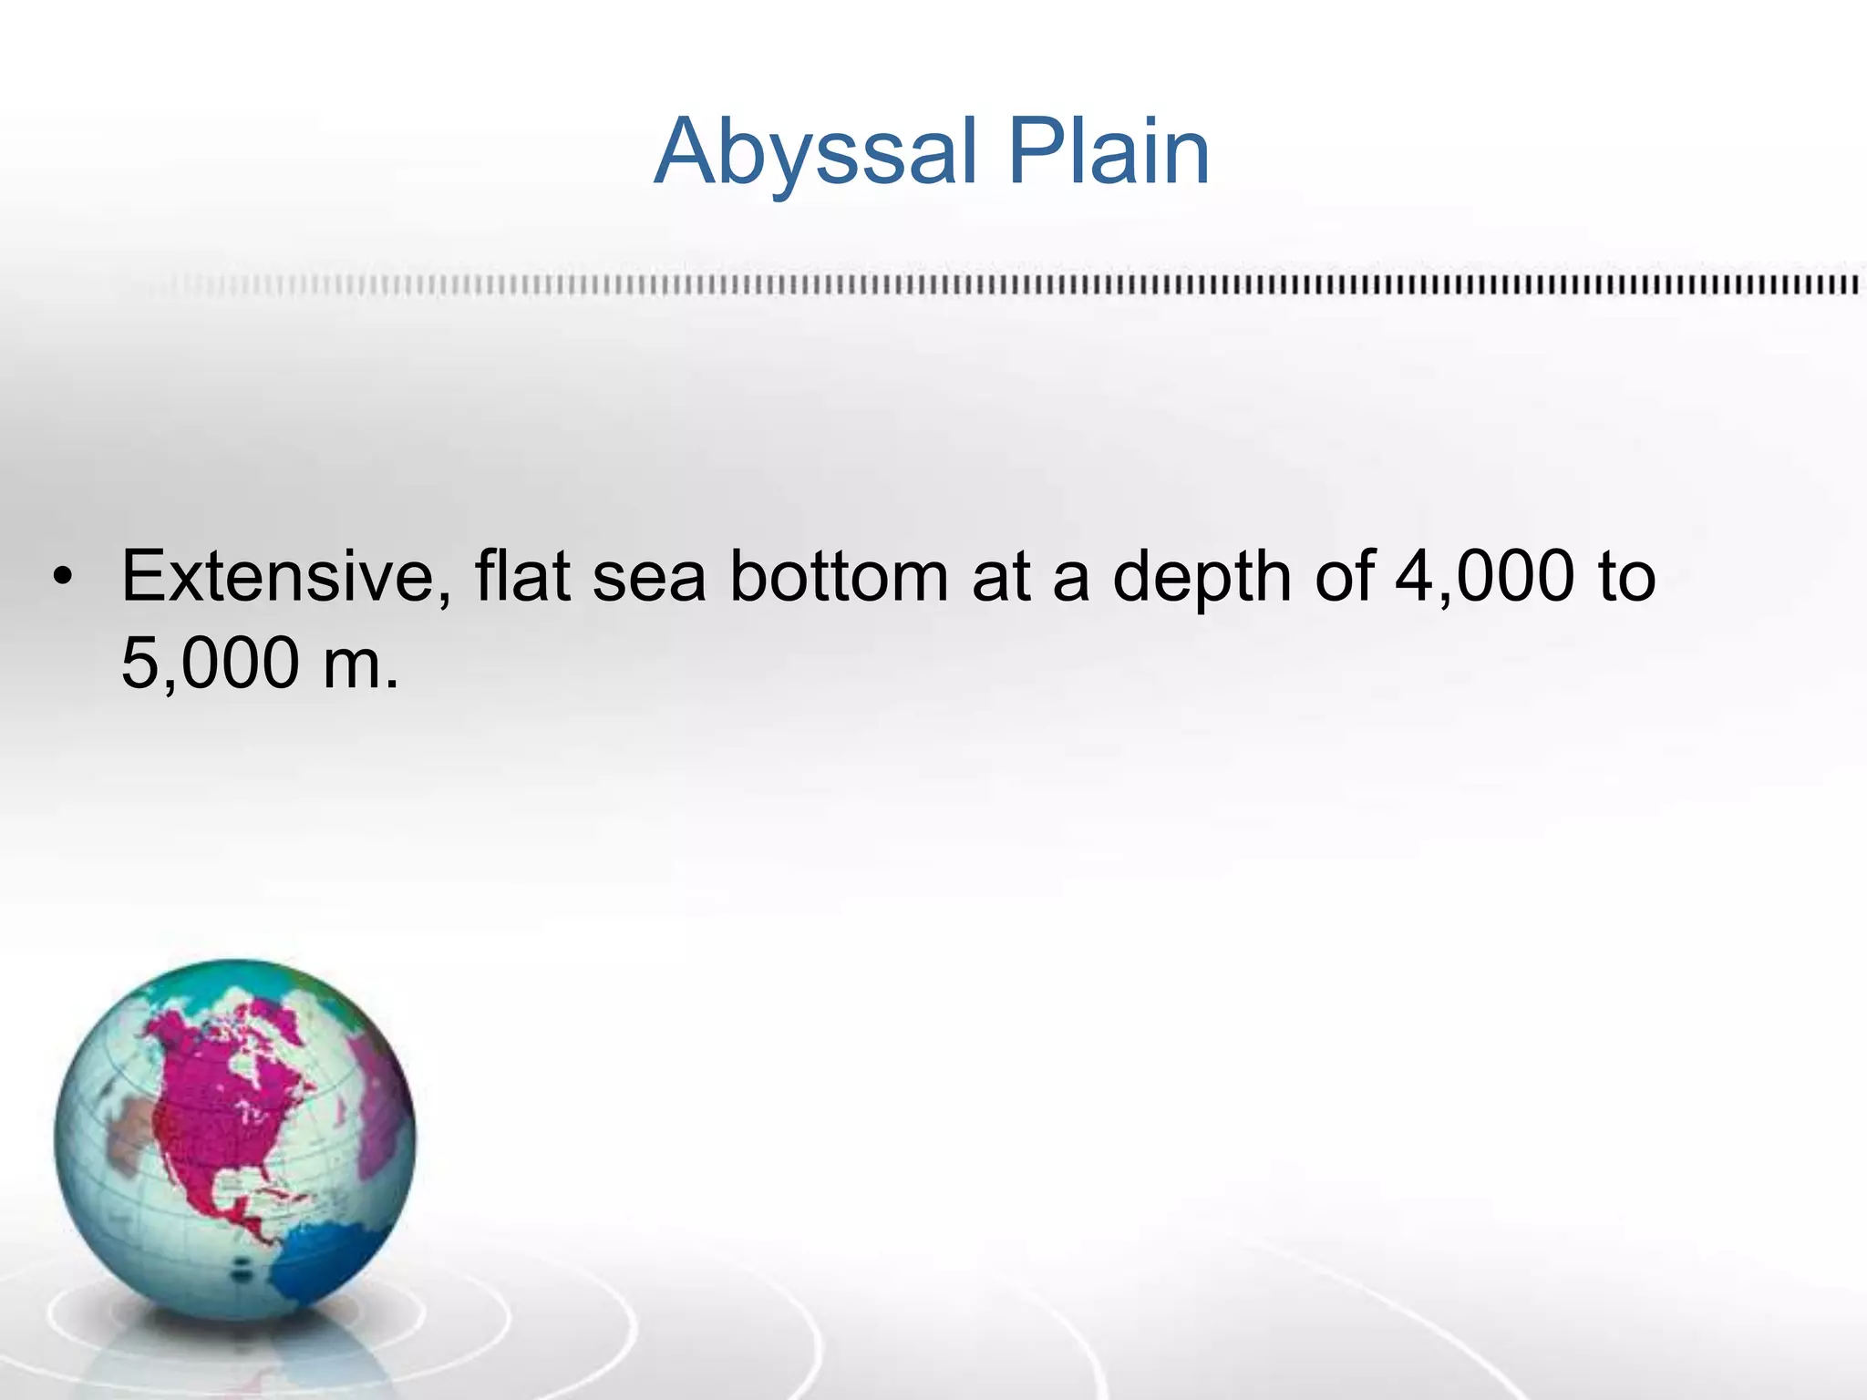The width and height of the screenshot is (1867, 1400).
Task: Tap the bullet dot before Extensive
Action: click(62, 578)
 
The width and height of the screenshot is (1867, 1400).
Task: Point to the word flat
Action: click(522, 576)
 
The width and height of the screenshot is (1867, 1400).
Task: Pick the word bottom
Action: click(839, 576)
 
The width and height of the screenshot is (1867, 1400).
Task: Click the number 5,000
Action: click(210, 664)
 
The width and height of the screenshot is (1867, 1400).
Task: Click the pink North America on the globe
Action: click(228, 1094)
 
